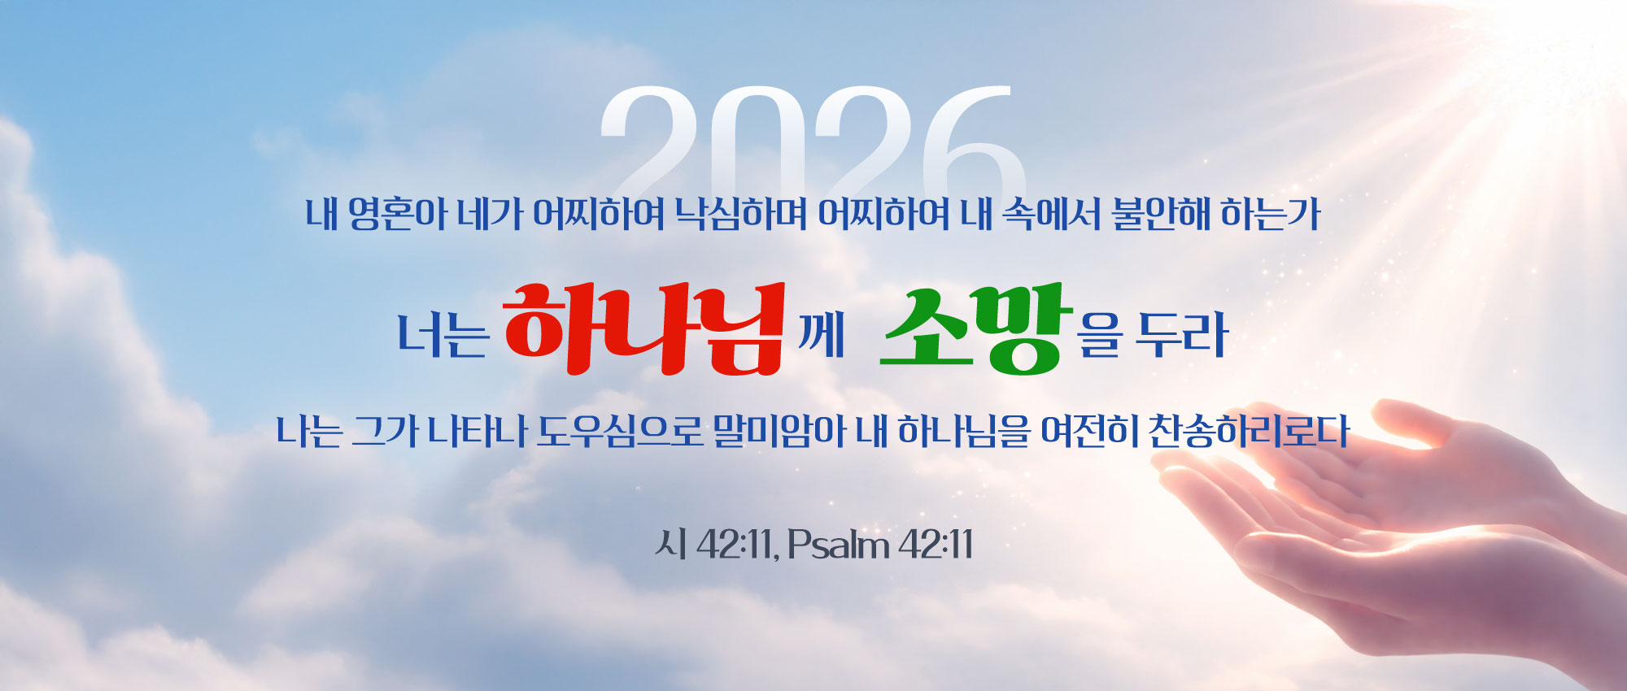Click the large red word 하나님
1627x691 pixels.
pyautogui.click(x=643, y=328)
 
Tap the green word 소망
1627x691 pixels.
pyautogui.click(x=973, y=328)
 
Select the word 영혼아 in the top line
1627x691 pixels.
pyautogui.click(x=397, y=214)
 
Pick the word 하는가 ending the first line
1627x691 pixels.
pyautogui.click(x=1271, y=214)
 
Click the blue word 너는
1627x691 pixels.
pyautogui.click(x=443, y=335)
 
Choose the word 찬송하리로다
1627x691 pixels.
pyautogui.click(x=1249, y=431)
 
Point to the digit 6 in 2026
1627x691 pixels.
pyautogui.click(x=974, y=140)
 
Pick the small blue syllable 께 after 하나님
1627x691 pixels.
pyautogui.click(x=821, y=335)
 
